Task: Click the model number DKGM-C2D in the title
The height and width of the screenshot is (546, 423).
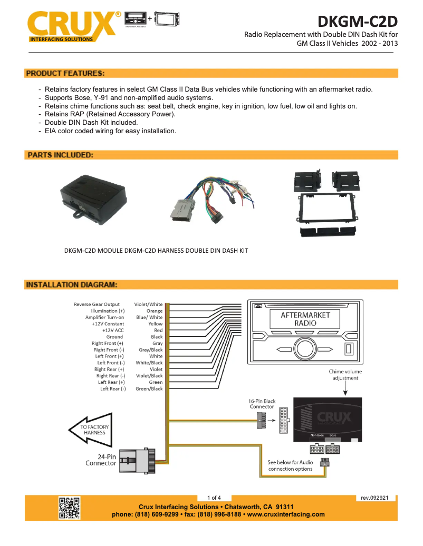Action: pos(357,22)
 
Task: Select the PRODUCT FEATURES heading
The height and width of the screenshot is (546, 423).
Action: pos(65,73)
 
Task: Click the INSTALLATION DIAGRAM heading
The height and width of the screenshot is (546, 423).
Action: pos(71,285)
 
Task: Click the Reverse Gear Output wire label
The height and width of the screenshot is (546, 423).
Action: pos(97,304)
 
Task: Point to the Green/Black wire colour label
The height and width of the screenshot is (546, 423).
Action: pos(149,389)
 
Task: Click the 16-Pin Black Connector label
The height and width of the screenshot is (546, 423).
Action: pos(262,404)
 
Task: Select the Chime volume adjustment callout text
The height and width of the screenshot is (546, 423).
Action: pos(345,374)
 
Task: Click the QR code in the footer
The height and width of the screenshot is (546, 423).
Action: pos(69,508)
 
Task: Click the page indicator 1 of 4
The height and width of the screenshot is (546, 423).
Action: pos(214,498)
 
